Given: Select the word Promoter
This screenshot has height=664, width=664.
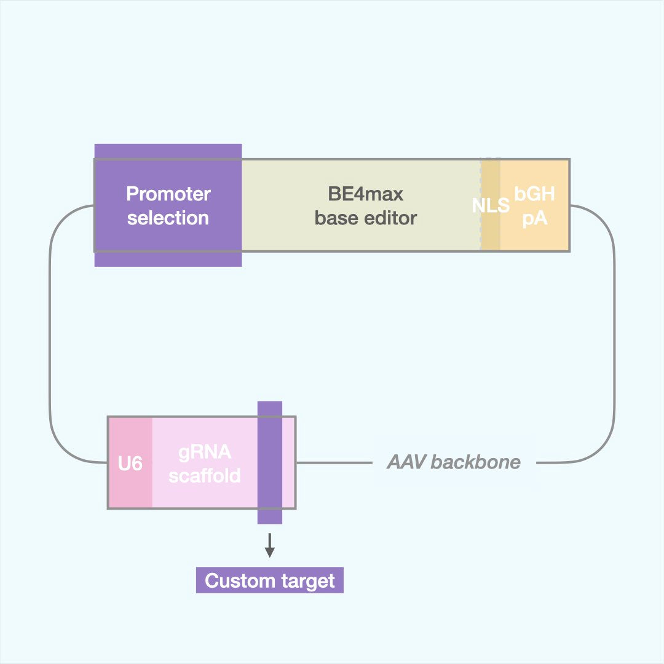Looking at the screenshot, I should [x=168, y=194].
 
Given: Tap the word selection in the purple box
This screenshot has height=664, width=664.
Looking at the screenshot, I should [x=168, y=218].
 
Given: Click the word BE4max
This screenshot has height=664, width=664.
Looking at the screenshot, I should [x=365, y=194].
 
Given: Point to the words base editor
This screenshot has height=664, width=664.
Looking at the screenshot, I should [x=365, y=218].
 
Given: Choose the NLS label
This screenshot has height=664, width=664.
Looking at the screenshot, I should [x=491, y=205].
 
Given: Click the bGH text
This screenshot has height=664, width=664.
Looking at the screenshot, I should [x=535, y=194].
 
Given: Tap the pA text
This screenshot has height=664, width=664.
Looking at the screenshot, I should [x=535, y=218].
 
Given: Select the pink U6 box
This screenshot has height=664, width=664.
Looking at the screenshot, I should [x=130, y=463].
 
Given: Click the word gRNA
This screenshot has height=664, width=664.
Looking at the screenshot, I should [x=205, y=452].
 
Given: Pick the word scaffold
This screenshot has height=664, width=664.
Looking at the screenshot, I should [x=205, y=475].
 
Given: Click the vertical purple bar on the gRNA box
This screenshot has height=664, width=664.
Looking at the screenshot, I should [x=269, y=462].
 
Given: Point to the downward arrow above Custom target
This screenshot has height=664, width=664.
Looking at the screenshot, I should [x=269, y=545].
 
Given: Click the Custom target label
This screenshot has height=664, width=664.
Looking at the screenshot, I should [x=269, y=581].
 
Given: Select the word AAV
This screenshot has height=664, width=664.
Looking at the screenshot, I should [x=406, y=462].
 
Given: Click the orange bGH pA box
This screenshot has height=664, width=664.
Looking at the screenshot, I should [x=535, y=237].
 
